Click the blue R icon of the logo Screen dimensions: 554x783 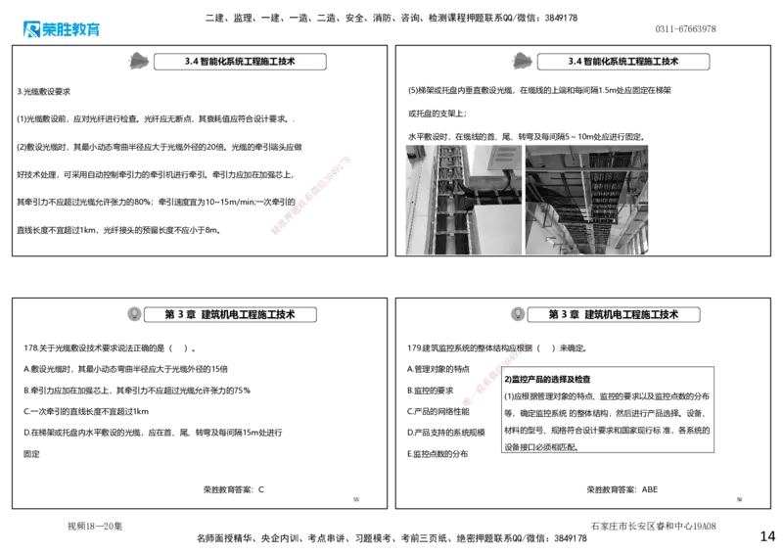[29, 28]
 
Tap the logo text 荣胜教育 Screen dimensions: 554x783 [71, 29]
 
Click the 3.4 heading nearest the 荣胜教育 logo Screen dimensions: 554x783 [240, 61]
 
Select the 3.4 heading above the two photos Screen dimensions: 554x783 [623, 61]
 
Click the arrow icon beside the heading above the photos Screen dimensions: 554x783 [523, 60]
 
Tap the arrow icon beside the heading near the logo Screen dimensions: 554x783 [139, 60]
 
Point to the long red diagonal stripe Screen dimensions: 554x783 [309, 195]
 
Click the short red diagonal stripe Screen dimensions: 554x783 [491, 375]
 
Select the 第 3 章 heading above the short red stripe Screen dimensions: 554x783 [614, 314]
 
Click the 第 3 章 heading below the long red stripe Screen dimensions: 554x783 [230, 314]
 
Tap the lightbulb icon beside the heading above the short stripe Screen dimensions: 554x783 [517, 313]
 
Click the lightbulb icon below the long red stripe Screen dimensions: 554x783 [134, 313]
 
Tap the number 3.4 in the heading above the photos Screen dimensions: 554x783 [575, 61]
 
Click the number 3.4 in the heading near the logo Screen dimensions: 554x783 [191, 61]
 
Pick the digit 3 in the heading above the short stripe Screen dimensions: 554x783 [565, 314]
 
